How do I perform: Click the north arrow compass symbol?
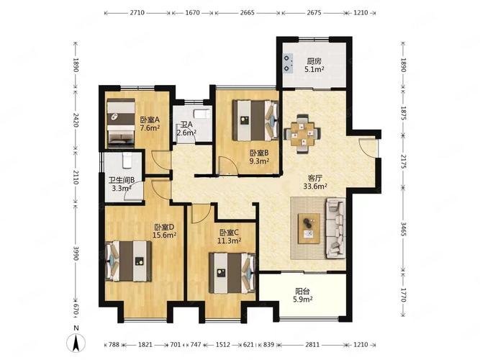click(76, 343)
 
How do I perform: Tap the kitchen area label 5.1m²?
click(314, 69)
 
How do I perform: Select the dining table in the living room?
click(302, 134)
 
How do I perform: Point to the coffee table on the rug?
click(309, 228)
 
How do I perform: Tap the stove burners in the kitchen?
click(288, 63)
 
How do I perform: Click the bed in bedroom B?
click(256, 120)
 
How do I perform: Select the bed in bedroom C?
click(232, 273)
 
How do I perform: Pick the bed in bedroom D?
click(129, 261)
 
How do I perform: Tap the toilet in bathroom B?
click(127, 161)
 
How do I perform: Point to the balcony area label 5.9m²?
click(303, 300)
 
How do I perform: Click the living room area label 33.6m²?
click(315, 186)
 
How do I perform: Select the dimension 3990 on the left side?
click(76, 253)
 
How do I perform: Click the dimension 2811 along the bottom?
click(312, 345)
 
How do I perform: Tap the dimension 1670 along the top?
click(193, 13)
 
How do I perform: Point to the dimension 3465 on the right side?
click(403, 229)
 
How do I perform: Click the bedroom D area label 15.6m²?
click(165, 235)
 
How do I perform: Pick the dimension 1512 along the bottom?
click(223, 345)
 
